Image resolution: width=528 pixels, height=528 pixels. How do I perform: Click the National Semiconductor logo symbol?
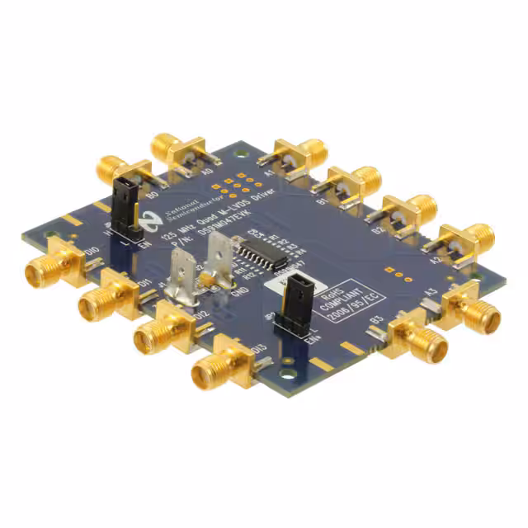(x=150, y=219)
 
